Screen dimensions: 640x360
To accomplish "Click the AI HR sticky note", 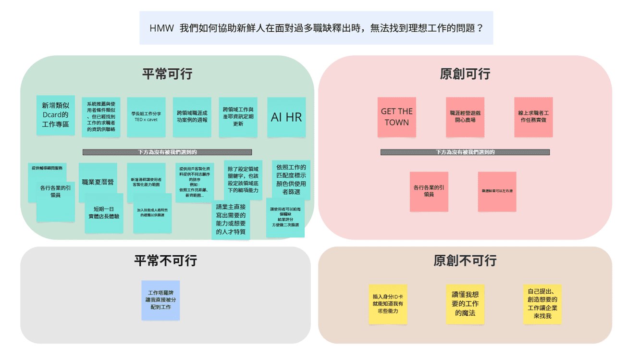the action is pyautogui.click(x=286, y=117).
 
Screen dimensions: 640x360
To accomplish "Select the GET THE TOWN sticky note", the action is pyautogui.click(x=396, y=117).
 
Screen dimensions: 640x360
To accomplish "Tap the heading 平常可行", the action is pyautogui.click(x=167, y=74).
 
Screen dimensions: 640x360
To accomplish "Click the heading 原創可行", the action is pyautogui.click(x=465, y=74).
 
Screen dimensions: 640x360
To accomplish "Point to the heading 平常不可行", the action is pyautogui.click(x=165, y=261).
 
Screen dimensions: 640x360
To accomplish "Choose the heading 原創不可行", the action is pyautogui.click(x=465, y=261).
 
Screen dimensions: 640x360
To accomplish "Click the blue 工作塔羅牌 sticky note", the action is pyautogui.click(x=160, y=300).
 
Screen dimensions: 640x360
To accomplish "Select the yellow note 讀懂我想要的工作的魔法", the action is pyautogui.click(x=465, y=304).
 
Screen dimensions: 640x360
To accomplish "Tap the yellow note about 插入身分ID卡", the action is pyautogui.click(x=388, y=304).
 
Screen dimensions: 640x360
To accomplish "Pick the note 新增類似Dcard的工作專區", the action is pyautogui.click(x=56, y=115).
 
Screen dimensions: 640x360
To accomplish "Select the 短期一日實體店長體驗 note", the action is pyautogui.click(x=104, y=213).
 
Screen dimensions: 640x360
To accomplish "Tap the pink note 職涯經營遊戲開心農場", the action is pyautogui.click(x=465, y=117).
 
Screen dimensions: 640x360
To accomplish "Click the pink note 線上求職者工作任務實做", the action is pyautogui.click(x=533, y=117).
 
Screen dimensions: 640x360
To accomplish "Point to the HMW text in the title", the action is pyautogui.click(x=161, y=28).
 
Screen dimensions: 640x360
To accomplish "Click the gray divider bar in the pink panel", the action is pyautogui.click(x=465, y=152).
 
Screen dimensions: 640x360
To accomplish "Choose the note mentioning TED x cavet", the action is pyautogui.click(x=146, y=117).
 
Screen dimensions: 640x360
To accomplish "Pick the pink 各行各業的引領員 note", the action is pyautogui.click(x=429, y=191).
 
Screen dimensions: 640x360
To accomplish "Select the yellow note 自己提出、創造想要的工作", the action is pyautogui.click(x=542, y=304).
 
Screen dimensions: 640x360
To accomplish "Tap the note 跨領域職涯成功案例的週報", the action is pyautogui.click(x=192, y=117).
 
